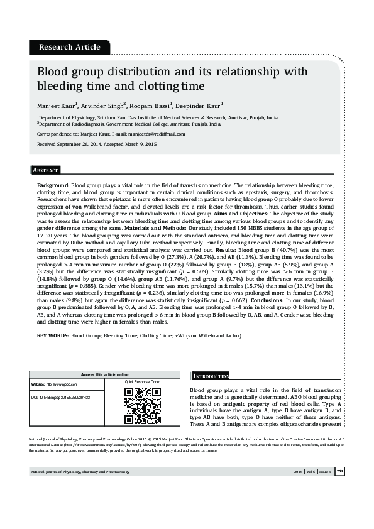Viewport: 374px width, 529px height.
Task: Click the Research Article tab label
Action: point(69,47)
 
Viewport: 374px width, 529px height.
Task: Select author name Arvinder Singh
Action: point(103,106)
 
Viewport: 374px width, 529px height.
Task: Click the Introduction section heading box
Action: point(211,376)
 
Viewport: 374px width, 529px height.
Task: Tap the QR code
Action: point(143,406)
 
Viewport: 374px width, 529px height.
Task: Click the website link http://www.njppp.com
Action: point(62,384)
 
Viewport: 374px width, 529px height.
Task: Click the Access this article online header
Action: point(105,374)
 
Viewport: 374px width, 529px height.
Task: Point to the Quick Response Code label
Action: point(143,381)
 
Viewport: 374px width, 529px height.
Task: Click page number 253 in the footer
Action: point(339,489)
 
